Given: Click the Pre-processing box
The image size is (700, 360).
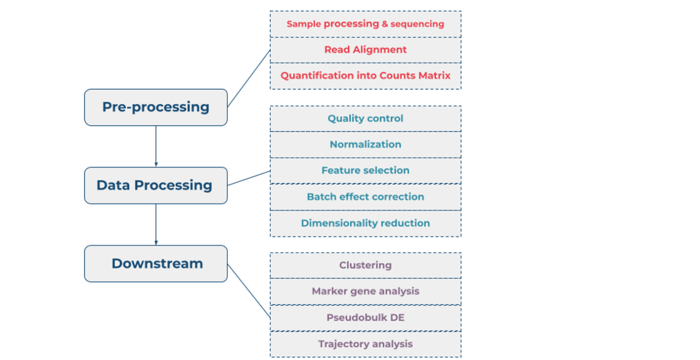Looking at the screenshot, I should (155, 107).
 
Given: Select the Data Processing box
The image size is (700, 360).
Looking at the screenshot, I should (155, 185).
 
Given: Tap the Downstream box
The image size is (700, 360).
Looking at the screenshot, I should (155, 263).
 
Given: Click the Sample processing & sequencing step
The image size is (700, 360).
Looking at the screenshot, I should (365, 24).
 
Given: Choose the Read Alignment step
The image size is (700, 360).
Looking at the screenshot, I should (365, 50).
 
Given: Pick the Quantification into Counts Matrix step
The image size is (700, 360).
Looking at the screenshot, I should (365, 76).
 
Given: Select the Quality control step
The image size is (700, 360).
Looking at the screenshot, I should (365, 118).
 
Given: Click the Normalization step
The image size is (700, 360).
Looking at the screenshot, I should (365, 144).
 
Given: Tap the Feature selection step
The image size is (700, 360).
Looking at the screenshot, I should (365, 170).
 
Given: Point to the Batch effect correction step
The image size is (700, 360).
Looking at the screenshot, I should (365, 197).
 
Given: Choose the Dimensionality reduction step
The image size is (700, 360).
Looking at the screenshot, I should (365, 223).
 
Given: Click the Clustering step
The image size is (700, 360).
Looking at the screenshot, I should (365, 265).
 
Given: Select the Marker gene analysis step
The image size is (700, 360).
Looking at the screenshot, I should (365, 291).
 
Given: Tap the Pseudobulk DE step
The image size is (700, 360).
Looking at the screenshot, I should (365, 318).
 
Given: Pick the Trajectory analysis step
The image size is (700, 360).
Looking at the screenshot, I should (365, 344).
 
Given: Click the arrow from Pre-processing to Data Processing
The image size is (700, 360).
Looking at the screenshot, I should (156, 146).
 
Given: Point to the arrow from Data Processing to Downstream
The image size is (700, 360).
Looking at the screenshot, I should (156, 224).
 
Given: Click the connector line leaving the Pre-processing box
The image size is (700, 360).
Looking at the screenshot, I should (249, 78).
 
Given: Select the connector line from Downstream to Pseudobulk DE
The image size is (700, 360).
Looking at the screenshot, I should (249, 291).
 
